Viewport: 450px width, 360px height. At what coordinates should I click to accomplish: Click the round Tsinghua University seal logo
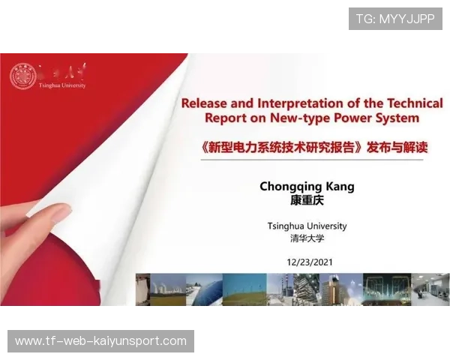(x=23, y=76)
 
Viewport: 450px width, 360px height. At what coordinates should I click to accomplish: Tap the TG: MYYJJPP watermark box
(x=395, y=19)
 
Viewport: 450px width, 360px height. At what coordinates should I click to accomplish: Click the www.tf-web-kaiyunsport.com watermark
(x=100, y=341)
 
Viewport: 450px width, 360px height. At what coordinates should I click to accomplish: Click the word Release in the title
(x=204, y=103)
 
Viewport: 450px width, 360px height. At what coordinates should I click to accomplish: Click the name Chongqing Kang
(x=307, y=187)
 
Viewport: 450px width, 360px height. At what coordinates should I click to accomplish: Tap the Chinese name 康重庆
(x=307, y=200)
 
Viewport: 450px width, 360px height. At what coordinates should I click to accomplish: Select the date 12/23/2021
(x=310, y=262)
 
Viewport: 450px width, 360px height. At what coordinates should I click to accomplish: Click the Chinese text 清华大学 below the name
(x=307, y=238)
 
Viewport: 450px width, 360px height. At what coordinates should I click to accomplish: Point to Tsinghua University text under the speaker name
(x=307, y=226)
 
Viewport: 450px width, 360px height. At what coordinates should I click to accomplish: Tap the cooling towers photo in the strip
(x=168, y=289)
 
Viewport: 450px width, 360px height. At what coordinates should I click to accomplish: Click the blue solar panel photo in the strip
(x=204, y=289)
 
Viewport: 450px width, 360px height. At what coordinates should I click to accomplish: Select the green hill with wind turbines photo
(x=244, y=289)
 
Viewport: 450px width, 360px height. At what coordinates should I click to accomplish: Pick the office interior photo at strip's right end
(x=430, y=289)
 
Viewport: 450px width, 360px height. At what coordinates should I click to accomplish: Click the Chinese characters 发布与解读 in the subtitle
(x=397, y=148)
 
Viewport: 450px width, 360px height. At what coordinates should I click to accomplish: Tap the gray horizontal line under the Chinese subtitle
(x=312, y=160)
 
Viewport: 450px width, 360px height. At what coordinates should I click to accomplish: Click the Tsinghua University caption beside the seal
(x=62, y=85)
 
